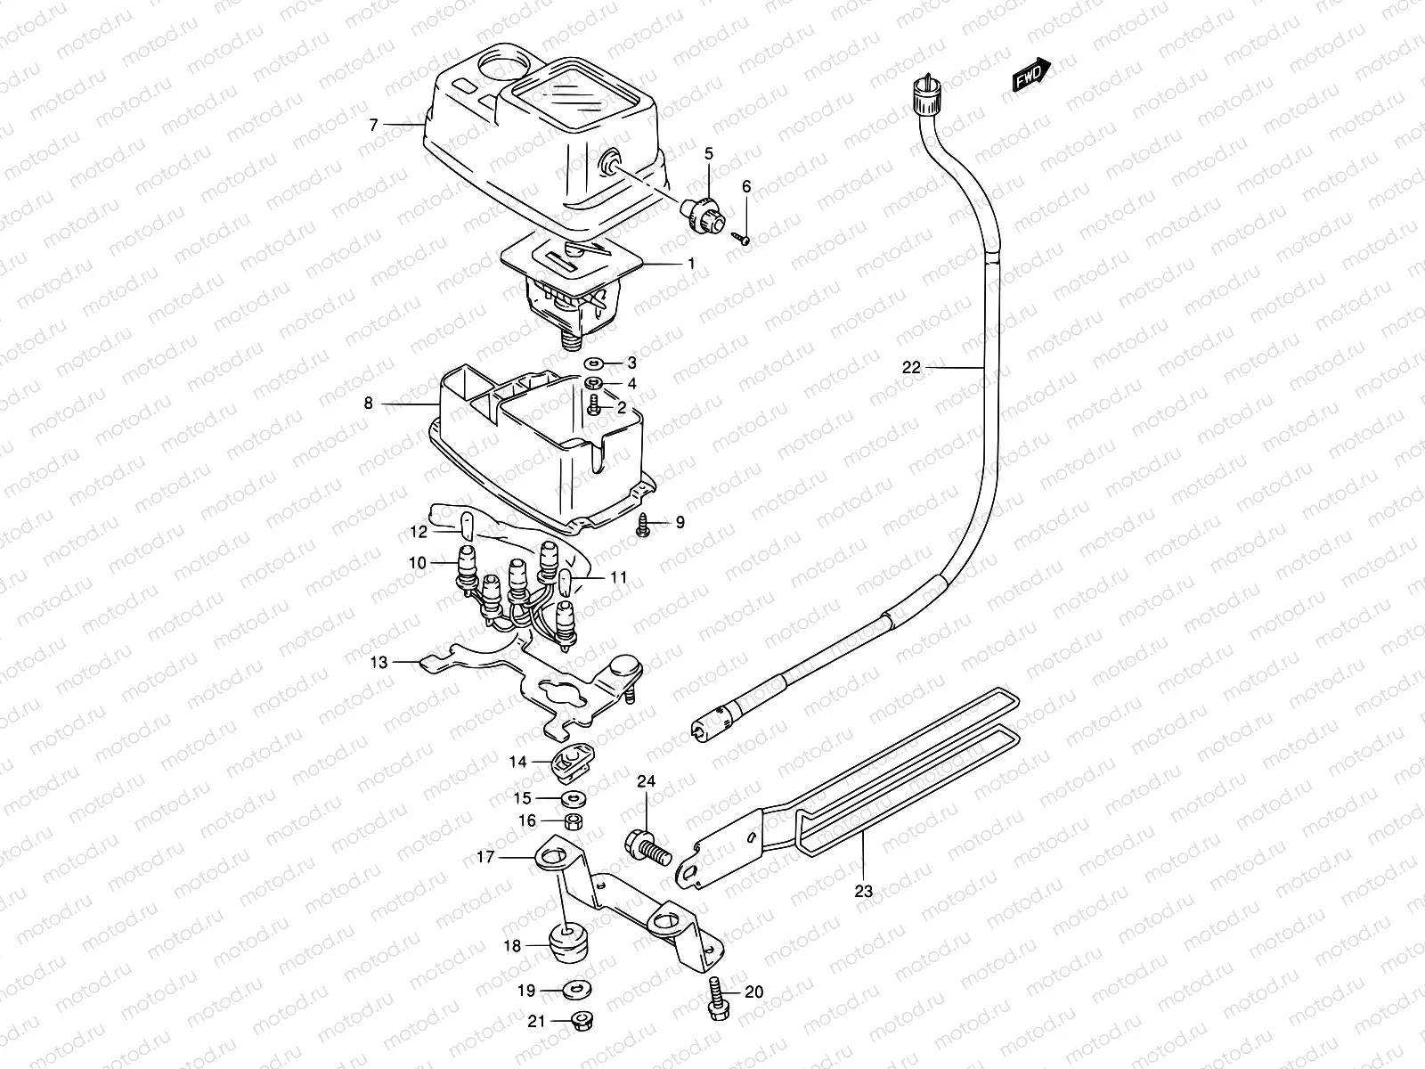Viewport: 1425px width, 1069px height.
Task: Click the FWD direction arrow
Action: [1032, 78]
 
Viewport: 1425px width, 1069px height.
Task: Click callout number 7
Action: [374, 126]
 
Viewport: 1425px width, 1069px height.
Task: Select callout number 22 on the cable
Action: [910, 367]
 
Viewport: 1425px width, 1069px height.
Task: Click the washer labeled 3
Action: [593, 363]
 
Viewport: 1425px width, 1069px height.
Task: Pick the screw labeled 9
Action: [643, 526]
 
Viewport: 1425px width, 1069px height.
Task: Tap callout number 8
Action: [368, 404]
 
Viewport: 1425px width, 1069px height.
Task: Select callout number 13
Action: [379, 662]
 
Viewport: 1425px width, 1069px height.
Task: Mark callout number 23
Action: [864, 889]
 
